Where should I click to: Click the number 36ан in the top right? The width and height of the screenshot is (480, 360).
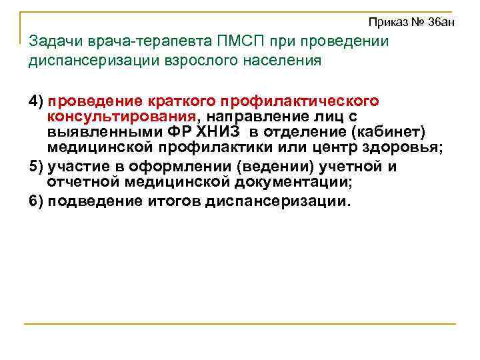441,23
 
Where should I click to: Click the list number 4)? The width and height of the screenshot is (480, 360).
36,101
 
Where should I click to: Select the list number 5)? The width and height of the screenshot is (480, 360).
36,167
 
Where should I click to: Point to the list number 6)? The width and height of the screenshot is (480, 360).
36,201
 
